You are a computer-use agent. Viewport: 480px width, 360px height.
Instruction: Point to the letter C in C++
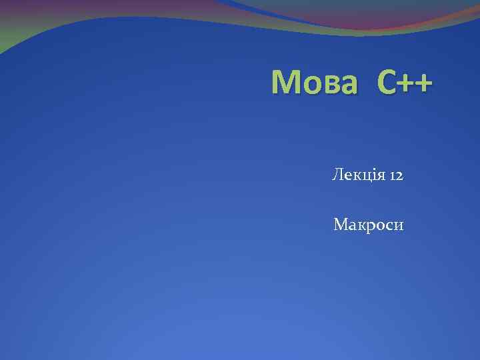(x=386, y=83)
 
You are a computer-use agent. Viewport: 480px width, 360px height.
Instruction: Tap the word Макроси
(x=368, y=225)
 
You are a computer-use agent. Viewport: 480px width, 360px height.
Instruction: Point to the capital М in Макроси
(x=340, y=225)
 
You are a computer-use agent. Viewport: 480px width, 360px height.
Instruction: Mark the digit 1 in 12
(x=391, y=176)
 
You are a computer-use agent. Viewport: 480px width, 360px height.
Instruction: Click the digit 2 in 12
(x=399, y=176)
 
